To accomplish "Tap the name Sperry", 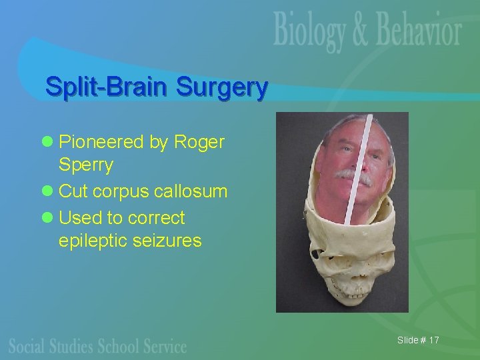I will [x=86, y=165].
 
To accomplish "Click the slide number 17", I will [x=434, y=341].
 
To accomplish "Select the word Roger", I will [x=199, y=142].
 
